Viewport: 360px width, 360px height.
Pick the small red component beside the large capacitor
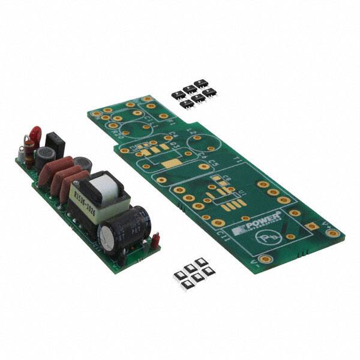[155, 241]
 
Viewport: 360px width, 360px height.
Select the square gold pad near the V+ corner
[311, 226]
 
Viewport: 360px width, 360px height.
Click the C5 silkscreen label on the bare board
[214, 161]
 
